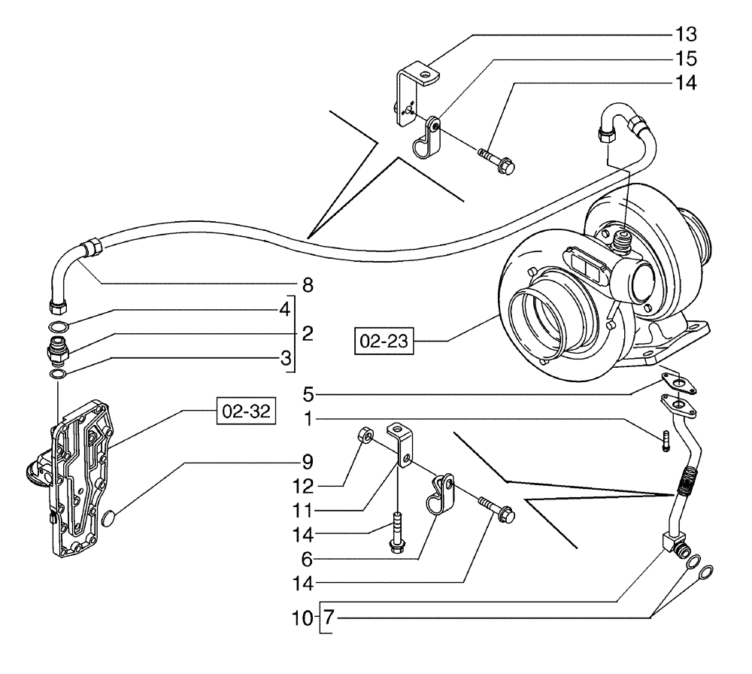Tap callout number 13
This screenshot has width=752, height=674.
pos(685,35)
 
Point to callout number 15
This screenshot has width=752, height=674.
pos(685,58)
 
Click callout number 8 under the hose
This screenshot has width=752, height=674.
pos(308,286)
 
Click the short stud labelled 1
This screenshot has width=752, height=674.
pos(666,441)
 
